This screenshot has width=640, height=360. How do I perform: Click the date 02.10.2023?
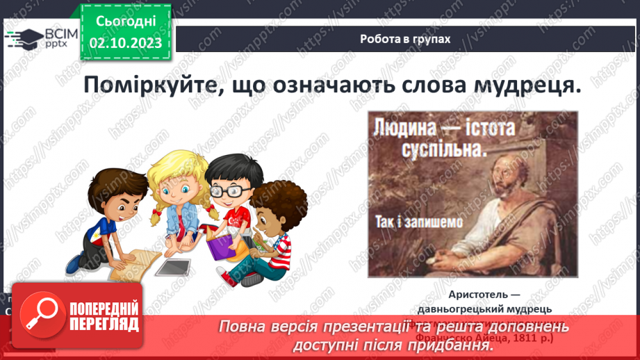[x=126, y=43]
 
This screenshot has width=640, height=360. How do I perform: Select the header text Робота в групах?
[x=405, y=39]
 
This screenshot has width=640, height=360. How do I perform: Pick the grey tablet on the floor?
[x=172, y=266]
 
